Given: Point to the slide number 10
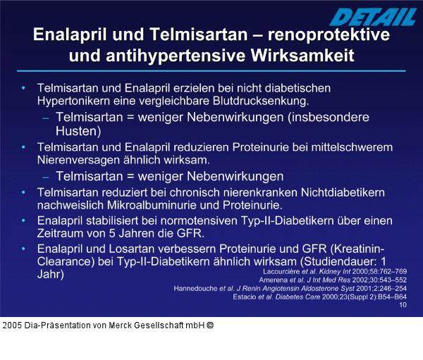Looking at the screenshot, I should pyautogui.click(x=403, y=305).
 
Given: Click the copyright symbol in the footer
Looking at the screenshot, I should pyautogui.click(x=210, y=325).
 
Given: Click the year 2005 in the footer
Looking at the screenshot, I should pyautogui.click(x=12, y=325).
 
